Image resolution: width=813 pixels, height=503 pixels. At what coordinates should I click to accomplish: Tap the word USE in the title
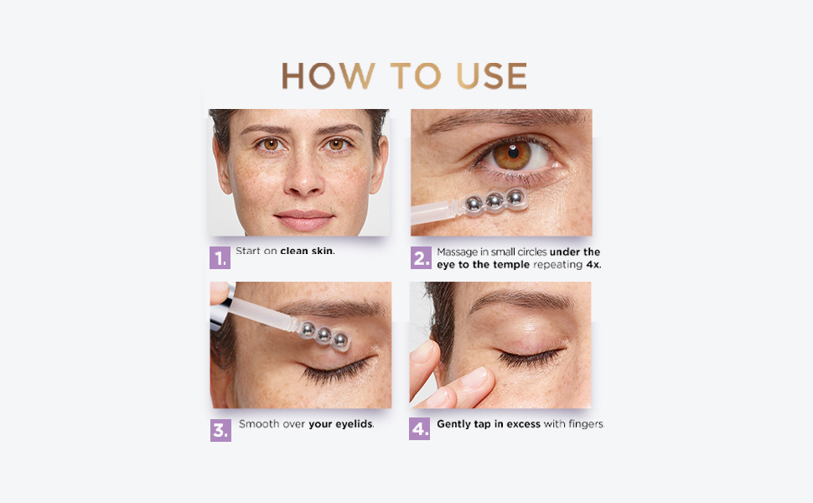coord(491,75)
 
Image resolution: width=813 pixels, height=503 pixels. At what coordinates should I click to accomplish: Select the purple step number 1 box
coord(220,257)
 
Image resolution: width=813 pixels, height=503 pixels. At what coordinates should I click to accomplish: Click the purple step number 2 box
coord(421,257)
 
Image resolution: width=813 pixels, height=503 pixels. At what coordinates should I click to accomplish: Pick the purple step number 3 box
coord(220,430)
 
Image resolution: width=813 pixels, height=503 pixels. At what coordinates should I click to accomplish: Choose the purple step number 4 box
coord(419,429)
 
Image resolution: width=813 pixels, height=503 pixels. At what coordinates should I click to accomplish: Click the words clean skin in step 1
coord(308,251)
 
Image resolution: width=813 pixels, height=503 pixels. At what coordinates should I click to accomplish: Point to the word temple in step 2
coord(511,264)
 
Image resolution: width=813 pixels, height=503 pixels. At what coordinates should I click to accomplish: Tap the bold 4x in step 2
coord(594,264)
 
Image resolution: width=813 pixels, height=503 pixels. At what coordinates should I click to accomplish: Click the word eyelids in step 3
coord(355,423)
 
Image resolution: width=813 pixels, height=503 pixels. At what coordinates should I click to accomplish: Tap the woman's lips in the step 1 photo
coord(304,220)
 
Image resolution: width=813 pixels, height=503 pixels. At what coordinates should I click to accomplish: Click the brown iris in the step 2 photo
coord(512,155)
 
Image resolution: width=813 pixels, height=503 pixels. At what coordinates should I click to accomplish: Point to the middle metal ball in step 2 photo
coord(495,200)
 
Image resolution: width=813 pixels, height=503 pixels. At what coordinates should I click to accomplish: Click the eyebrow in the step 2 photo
coord(503,119)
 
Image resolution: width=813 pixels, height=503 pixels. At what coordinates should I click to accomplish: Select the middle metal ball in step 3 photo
coord(324,335)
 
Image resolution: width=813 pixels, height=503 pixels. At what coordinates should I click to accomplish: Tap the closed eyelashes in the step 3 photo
coord(335,371)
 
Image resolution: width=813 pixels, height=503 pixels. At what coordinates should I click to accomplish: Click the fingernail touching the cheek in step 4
coord(475,377)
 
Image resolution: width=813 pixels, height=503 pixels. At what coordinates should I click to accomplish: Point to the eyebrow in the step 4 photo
coord(520,299)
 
